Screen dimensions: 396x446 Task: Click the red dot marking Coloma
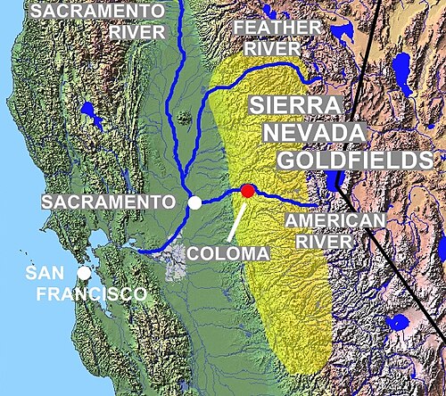coord(247,190)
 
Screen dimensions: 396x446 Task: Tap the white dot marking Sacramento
coord(194,204)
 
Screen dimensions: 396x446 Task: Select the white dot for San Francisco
coord(83,274)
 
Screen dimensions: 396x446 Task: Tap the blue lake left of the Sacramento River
coord(88,114)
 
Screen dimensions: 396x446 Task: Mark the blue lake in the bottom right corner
coord(399,321)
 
